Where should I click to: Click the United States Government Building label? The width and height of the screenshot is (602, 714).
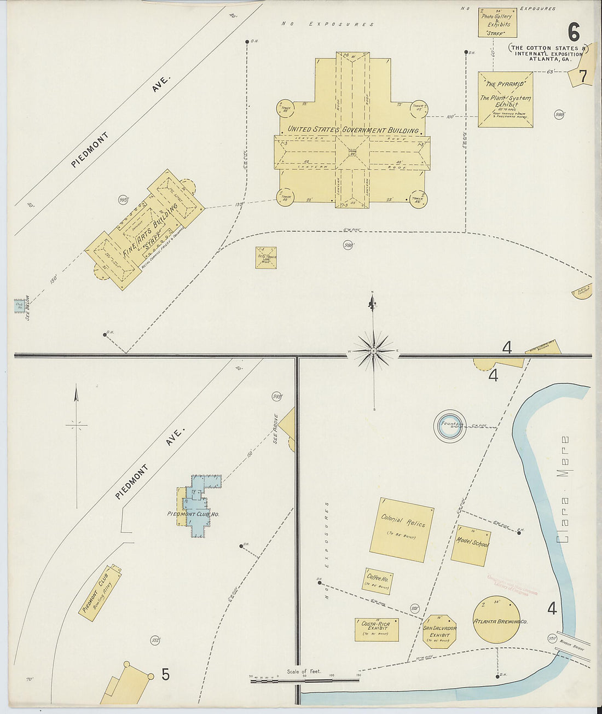coord(353,130)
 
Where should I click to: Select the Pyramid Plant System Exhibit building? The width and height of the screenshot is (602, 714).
coord(505,100)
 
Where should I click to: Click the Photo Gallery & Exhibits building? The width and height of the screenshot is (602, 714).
coord(497,22)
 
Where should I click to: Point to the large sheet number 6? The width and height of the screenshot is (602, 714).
coord(573,33)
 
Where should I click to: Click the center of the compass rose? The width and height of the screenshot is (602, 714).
coord(374,350)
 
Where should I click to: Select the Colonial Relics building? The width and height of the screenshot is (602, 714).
coord(402,529)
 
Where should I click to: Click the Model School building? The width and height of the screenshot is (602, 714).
coord(471,545)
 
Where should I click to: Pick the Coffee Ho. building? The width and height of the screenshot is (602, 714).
coord(378,581)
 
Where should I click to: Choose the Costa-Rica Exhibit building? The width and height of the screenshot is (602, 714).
coord(377,629)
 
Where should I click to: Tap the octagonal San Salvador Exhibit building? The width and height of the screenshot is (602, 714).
coord(439,631)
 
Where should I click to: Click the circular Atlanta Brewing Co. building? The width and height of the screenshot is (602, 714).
coord(497,620)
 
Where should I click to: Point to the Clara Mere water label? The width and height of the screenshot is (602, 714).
coord(564,489)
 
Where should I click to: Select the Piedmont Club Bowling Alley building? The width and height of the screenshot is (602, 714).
coord(100,593)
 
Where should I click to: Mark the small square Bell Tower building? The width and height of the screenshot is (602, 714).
coord(266,258)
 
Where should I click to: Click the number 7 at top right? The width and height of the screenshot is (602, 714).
coord(583,76)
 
